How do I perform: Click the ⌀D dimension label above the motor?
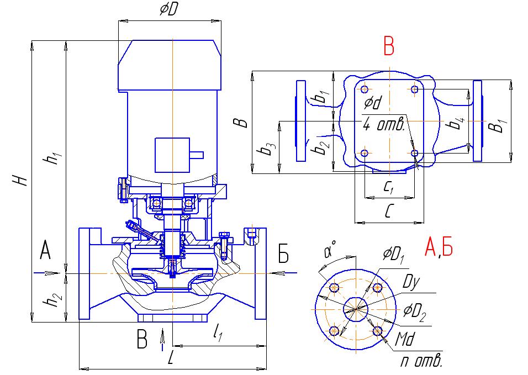(x=168, y=9)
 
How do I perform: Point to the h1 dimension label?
(x=54, y=159)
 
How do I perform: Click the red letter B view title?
(x=389, y=47)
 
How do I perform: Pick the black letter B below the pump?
(x=142, y=341)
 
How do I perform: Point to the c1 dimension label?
(x=388, y=188)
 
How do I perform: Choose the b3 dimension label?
(x=268, y=149)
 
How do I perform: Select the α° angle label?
(x=331, y=252)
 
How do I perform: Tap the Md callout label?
(x=406, y=338)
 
